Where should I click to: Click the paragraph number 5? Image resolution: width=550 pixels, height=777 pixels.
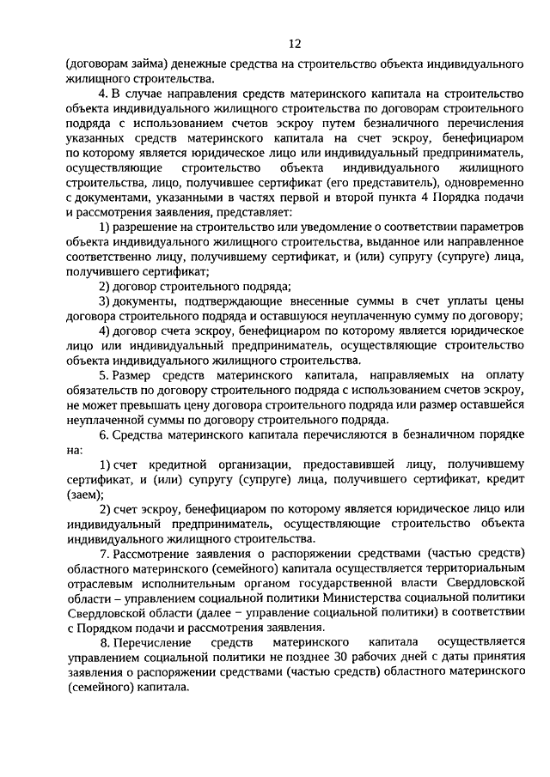click(101, 376)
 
